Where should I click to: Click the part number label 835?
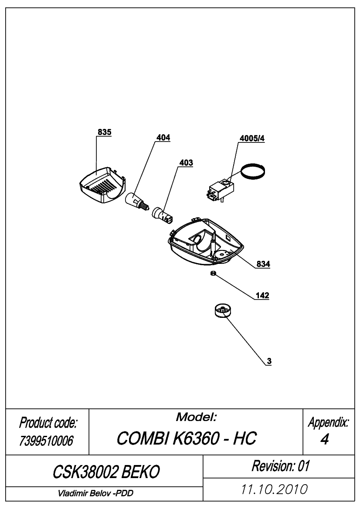(x=104, y=132)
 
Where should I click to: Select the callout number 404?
(x=163, y=138)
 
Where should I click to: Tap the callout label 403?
(x=186, y=163)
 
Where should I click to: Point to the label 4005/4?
(x=252, y=138)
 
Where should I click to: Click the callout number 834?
(x=263, y=264)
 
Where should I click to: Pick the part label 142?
(x=262, y=295)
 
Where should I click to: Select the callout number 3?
(x=269, y=361)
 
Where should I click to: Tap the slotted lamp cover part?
(x=102, y=185)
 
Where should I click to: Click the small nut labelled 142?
(x=213, y=273)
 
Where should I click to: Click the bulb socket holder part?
(x=163, y=215)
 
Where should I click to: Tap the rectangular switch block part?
(x=220, y=191)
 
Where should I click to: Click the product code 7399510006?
(x=46, y=441)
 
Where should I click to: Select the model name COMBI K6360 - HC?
(x=187, y=438)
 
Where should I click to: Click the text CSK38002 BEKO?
(x=106, y=472)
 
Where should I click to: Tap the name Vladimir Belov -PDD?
(x=95, y=493)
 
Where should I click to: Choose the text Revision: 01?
(x=281, y=466)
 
